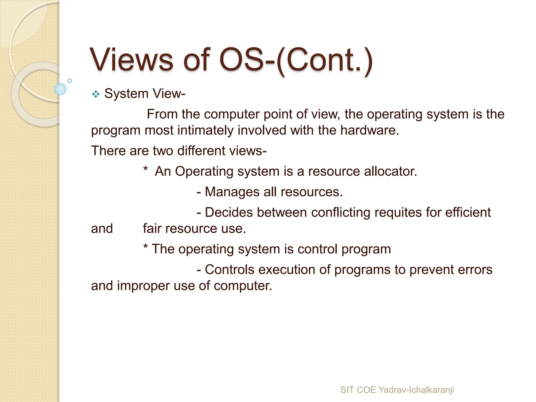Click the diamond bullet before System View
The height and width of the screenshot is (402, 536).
click(96, 94)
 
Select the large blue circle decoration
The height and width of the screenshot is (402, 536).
click(60, 89)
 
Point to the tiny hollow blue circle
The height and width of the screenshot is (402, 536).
click(70, 81)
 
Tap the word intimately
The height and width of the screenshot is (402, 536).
click(205, 130)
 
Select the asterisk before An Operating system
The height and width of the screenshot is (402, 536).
click(146, 169)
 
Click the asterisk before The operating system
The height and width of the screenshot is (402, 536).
click(146, 247)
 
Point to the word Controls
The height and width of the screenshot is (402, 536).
click(230, 270)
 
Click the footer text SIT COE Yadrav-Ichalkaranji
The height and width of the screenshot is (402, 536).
click(397, 390)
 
